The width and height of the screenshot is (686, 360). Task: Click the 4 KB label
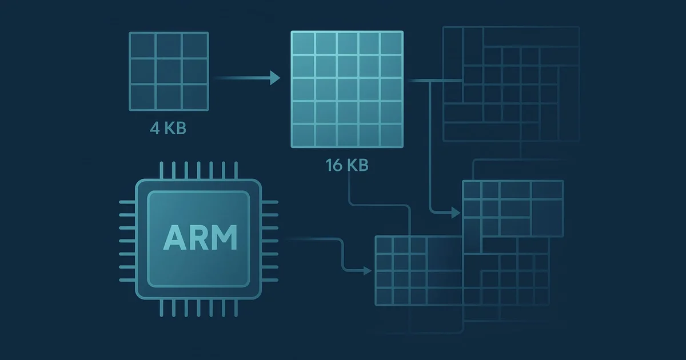[168, 128]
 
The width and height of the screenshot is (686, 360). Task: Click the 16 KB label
[347, 165]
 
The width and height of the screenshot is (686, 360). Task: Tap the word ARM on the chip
[200, 238]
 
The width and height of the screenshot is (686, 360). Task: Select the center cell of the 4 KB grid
[169, 71]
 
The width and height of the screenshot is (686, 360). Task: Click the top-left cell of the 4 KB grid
[143, 45]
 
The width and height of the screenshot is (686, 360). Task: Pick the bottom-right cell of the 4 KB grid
[195, 97]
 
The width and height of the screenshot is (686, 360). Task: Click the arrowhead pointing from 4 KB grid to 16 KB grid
[275, 78]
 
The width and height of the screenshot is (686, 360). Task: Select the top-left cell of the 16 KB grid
[304, 43]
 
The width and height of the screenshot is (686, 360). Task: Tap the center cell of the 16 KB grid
[348, 89]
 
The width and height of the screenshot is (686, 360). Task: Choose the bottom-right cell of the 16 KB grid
[391, 135]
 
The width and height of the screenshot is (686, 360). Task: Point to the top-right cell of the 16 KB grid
[391, 43]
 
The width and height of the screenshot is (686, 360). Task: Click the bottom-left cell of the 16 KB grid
[304, 135]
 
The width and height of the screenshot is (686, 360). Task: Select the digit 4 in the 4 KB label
[155, 128]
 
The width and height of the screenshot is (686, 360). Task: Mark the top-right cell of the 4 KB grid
[195, 45]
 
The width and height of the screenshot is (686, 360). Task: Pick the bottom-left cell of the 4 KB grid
[143, 97]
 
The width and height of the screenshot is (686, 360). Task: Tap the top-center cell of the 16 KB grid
[348, 43]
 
